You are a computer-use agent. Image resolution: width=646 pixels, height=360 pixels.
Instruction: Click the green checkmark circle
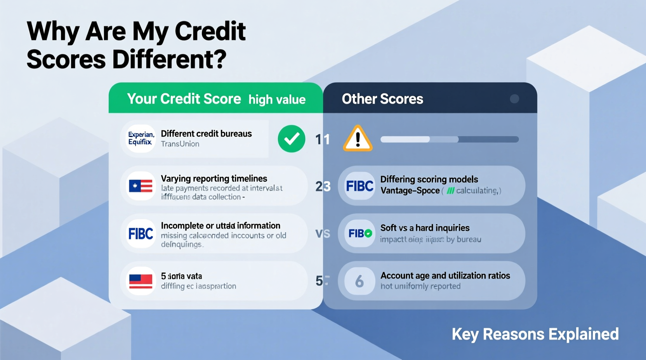tap(292, 139)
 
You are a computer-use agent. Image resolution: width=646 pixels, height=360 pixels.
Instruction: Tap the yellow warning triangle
tap(358, 139)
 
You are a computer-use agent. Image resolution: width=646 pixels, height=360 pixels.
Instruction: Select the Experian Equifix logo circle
tap(141, 138)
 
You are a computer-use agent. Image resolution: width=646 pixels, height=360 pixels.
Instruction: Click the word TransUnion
tap(180, 144)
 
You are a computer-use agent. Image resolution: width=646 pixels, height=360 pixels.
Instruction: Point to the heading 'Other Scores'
tap(382, 99)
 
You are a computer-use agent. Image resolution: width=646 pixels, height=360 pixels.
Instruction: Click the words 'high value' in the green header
tap(277, 100)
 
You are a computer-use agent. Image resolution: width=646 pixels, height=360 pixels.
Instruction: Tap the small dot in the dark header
tap(514, 99)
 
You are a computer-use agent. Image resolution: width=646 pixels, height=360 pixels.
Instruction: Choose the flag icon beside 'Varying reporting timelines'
tap(141, 186)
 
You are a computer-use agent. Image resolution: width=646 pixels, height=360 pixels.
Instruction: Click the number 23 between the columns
tap(323, 187)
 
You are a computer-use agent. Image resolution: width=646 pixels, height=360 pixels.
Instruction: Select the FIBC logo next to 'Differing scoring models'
tap(359, 186)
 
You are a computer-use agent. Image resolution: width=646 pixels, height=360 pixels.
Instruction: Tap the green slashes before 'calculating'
tap(450, 191)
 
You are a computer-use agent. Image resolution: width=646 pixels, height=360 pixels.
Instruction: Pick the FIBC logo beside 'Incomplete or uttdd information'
tap(141, 234)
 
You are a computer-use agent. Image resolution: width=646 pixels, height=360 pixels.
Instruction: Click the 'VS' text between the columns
tap(323, 234)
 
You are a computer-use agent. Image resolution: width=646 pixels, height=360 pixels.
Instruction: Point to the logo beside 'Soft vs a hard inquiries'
tap(359, 234)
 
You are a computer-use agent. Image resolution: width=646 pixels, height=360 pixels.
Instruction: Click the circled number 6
tap(359, 281)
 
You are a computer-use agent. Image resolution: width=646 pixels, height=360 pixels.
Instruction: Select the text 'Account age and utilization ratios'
tap(445, 276)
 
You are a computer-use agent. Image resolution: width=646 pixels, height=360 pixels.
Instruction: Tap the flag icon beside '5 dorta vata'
tap(141, 281)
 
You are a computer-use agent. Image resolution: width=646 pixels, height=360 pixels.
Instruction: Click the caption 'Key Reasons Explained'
tap(535, 334)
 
